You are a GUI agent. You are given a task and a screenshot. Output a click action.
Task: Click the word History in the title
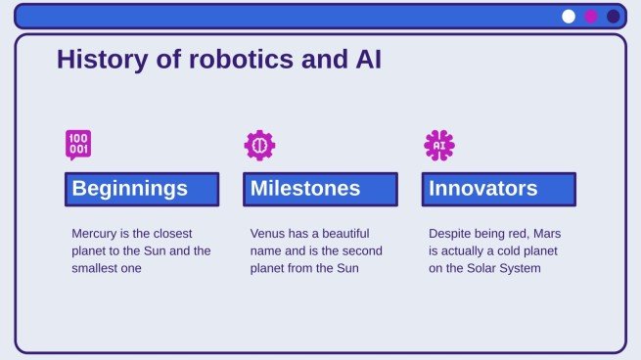pyautogui.click(x=95, y=60)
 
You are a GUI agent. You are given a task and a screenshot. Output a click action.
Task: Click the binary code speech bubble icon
pyautogui.click(x=78, y=145)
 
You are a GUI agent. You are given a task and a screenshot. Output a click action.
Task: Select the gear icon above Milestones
pyautogui.click(x=259, y=145)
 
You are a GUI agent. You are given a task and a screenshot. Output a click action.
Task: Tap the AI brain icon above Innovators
pyautogui.click(x=438, y=145)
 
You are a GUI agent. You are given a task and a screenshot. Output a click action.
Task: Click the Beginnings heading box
pyautogui.click(x=142, y=189)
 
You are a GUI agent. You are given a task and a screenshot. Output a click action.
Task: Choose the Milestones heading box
pyautogui.click(x=320, y=189)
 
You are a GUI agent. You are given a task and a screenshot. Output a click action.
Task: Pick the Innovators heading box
pyautogui.click(x=498, y=189)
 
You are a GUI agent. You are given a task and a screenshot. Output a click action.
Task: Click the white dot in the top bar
pyautogui.click(x=569, y=16)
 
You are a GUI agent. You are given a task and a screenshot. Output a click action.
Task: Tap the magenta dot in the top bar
pyautogui.click(x=591, y=16)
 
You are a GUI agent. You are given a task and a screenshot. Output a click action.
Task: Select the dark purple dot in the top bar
pyautogui.click(x=614, y=16)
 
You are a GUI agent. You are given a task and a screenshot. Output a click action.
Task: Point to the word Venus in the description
pyautogui.click(x=268, y=235)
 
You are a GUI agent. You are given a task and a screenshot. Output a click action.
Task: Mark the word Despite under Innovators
pyautogui.click(x=451, y=235)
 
